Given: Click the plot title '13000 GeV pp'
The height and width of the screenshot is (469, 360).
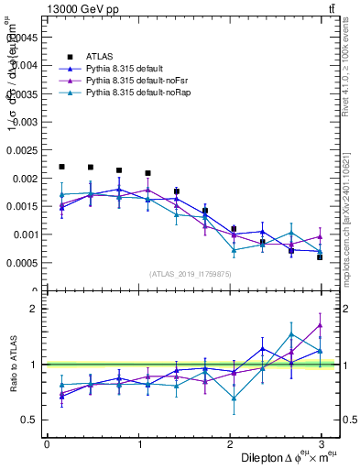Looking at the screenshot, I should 81,9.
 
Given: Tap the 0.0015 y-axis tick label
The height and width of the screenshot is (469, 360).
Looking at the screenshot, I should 25,206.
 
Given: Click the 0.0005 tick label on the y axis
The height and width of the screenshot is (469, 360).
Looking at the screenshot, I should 25,263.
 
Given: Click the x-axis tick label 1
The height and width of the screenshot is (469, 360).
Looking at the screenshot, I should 139,445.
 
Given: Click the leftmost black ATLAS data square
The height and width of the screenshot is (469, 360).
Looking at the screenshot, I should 61,167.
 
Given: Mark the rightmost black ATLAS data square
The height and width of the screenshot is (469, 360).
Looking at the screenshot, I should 320,257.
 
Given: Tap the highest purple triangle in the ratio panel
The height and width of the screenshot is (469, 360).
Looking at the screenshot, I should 320,325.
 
